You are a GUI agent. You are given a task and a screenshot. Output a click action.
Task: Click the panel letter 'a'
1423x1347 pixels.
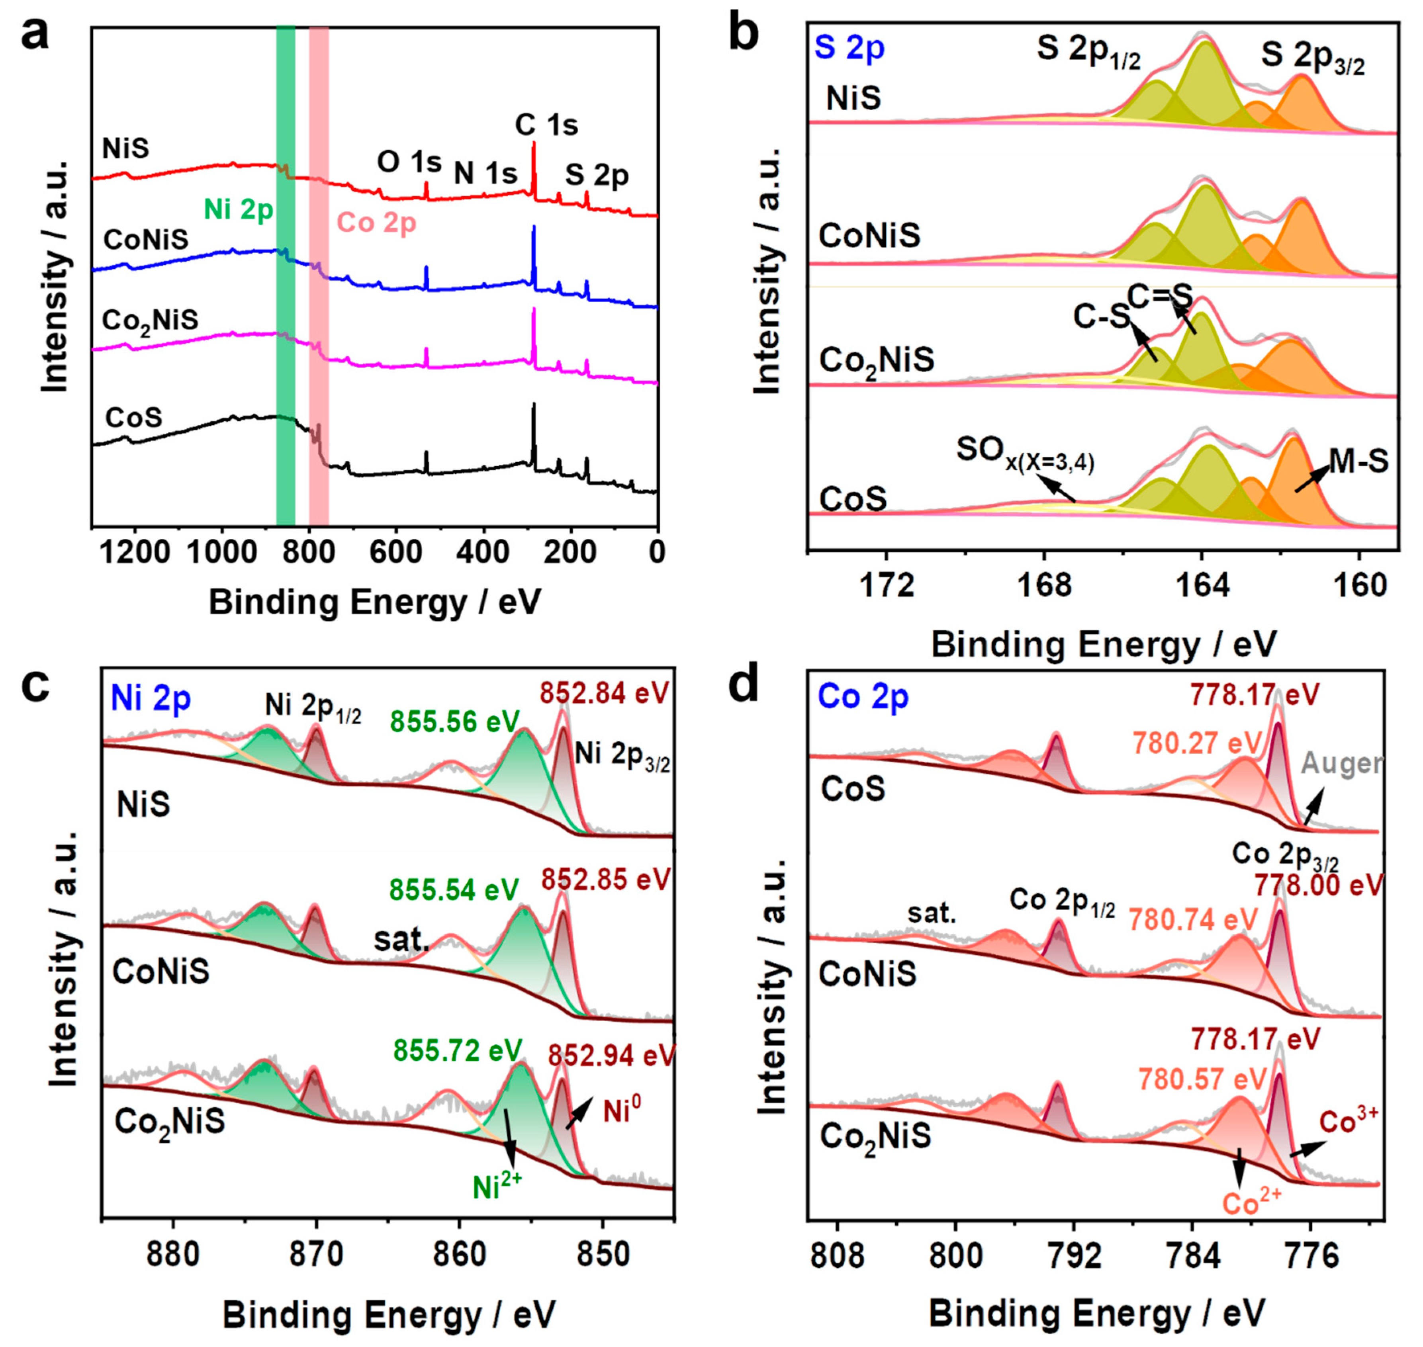(35, 35)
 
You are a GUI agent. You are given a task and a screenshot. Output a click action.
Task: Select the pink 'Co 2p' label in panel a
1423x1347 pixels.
(376, 223)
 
